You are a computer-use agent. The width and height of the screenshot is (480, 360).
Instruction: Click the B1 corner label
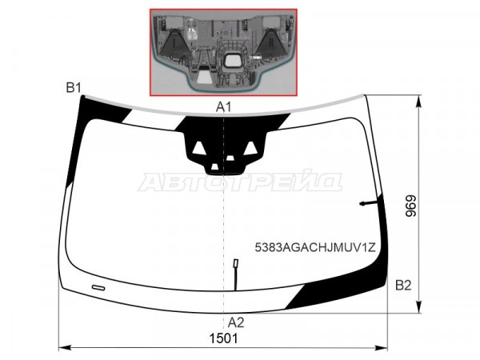point(74,88)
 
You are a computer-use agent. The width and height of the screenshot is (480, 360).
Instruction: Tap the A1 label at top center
point(223,107)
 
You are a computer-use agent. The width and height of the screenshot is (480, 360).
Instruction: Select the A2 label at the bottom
point(236,322)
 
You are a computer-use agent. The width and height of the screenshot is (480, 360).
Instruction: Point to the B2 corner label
point(403,286)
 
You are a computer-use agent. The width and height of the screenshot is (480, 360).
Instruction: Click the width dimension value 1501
point(223,338)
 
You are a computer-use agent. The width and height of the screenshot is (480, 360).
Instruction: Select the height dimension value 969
point(411,206)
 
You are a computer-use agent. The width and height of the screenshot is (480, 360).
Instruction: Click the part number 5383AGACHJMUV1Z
point(315,247)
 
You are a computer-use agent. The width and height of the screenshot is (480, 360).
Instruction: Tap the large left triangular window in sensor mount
point(198,148)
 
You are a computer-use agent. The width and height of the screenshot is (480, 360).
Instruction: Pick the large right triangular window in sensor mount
point(250,148)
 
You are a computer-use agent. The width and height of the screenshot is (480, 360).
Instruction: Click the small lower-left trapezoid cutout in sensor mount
point(215,166)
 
